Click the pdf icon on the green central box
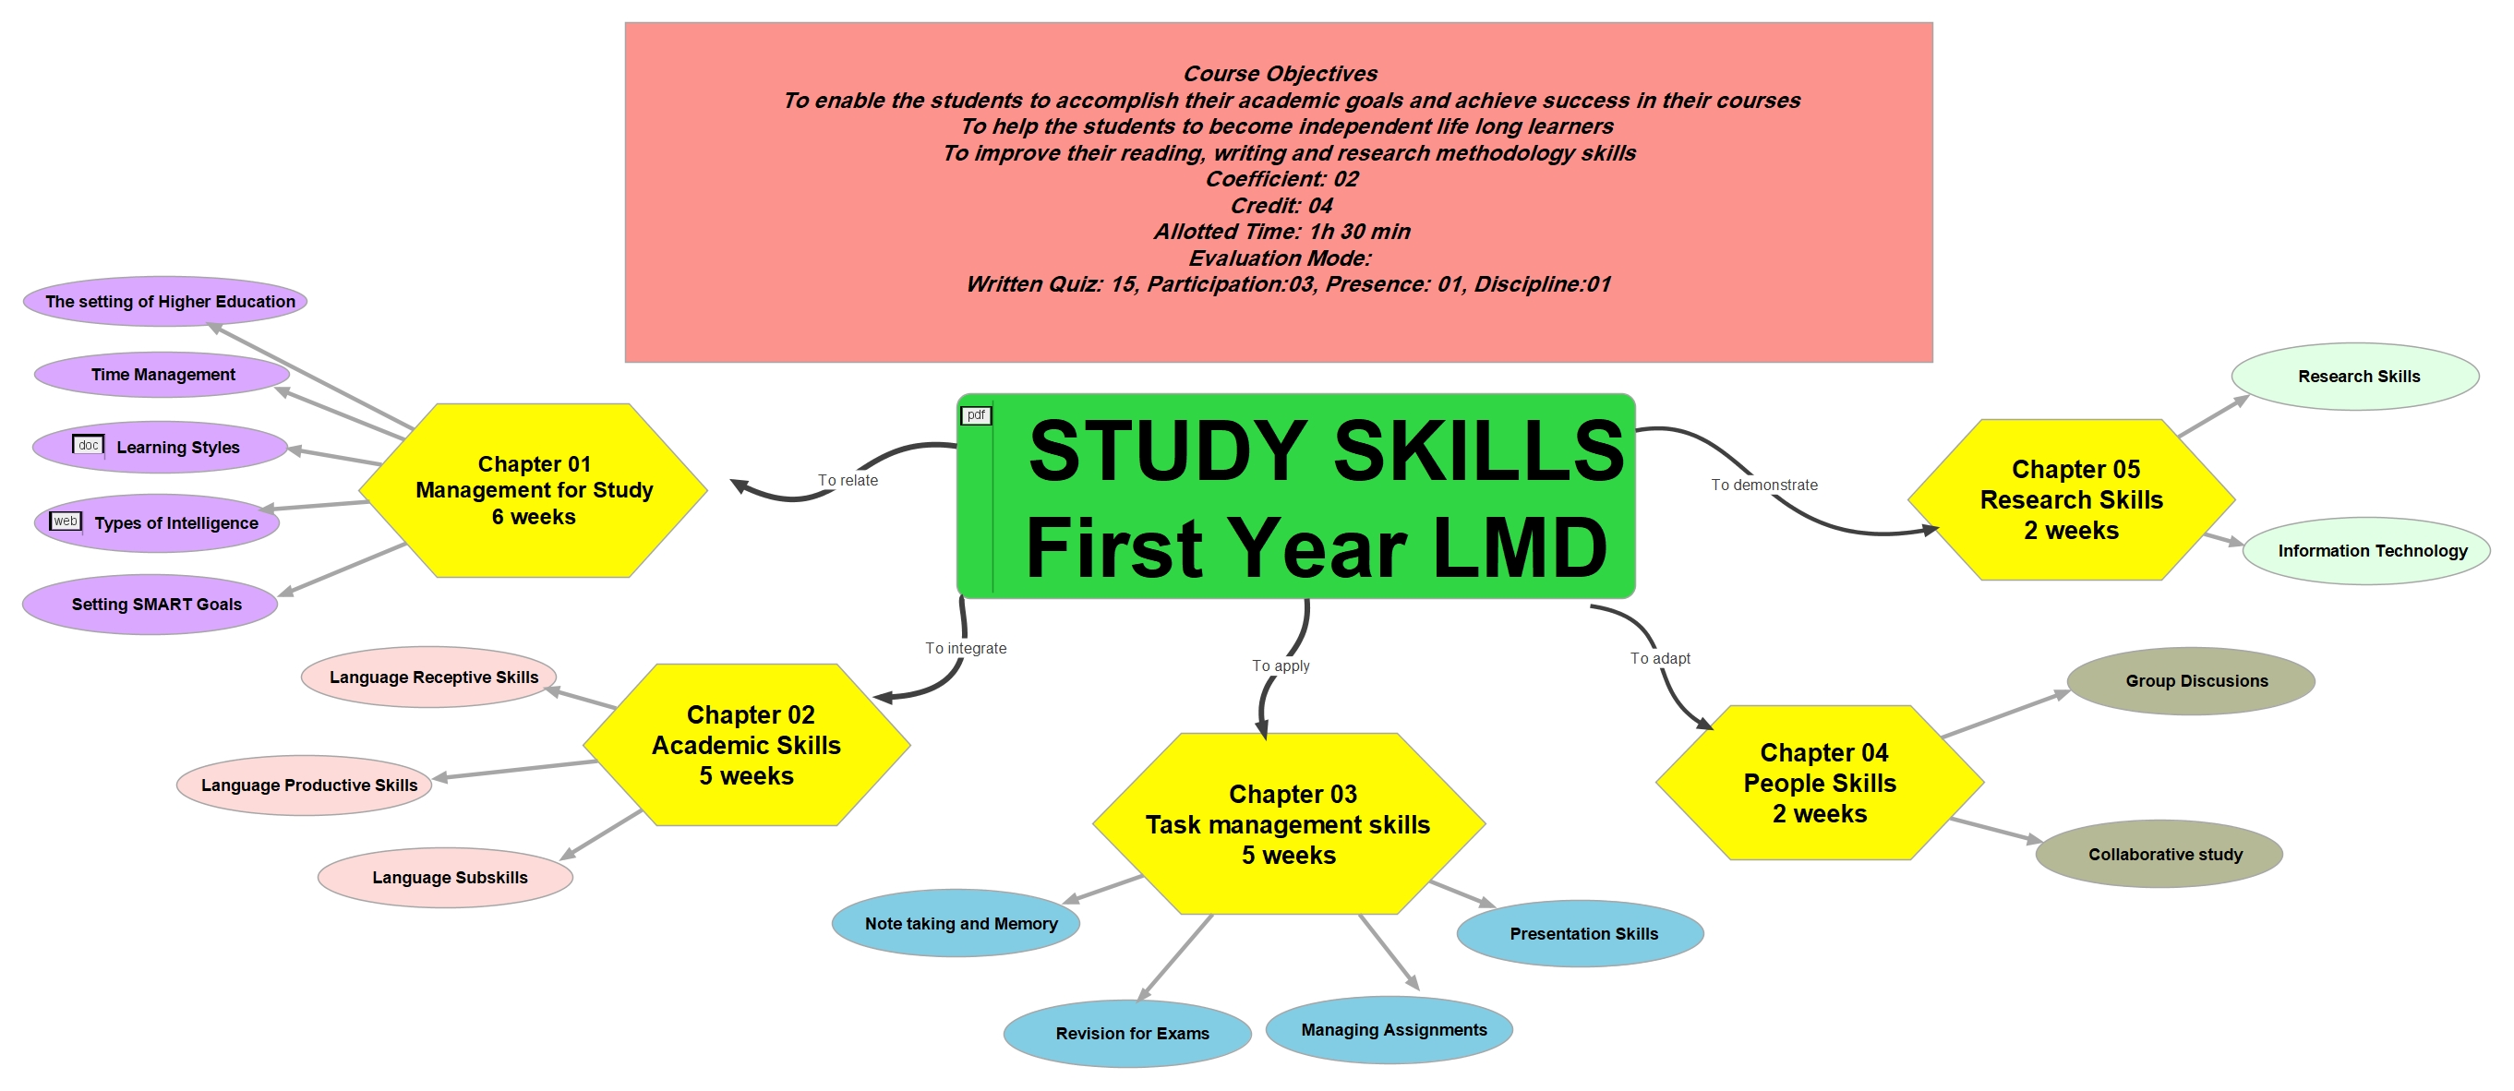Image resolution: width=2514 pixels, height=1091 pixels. click(x=976, y=415)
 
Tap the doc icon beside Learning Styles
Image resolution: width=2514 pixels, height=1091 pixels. click(x=88, y=446)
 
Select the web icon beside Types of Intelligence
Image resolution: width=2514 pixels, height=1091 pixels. click(x=66, y=522)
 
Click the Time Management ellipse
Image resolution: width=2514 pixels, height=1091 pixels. click(x=162, y=375)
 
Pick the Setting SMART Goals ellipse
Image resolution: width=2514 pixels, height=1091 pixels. click(x=150, y=604)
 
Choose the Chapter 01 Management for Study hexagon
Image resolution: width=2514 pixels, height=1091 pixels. click(x=533, y=490)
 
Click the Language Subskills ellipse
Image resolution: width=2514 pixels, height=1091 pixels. click(x=445, y=877)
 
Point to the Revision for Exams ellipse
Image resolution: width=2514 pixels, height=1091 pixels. click(x=1127, y=1034)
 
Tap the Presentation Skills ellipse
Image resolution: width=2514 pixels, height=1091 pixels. click(x=1580, y=934)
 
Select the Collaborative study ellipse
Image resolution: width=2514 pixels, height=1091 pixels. click(x=2159, y=854)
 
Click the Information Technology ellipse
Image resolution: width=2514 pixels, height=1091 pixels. click(x=2366, y=551)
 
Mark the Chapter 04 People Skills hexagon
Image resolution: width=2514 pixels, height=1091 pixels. click(x=1820, y=783)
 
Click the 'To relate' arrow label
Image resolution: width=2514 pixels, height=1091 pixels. click(x=848, y=480)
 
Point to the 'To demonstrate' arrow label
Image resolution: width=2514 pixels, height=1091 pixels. click(x=1764, y=485)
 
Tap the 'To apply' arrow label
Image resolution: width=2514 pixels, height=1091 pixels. click(x=1281, y=665)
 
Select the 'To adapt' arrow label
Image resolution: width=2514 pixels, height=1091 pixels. click(x=1660, y=659)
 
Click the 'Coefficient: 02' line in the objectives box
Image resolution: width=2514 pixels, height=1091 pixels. click(x=1281, y=178)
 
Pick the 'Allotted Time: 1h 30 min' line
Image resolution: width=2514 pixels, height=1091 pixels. click(x=1281, y=232)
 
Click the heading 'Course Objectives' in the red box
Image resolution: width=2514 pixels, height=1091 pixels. click(x=1281, y=73)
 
